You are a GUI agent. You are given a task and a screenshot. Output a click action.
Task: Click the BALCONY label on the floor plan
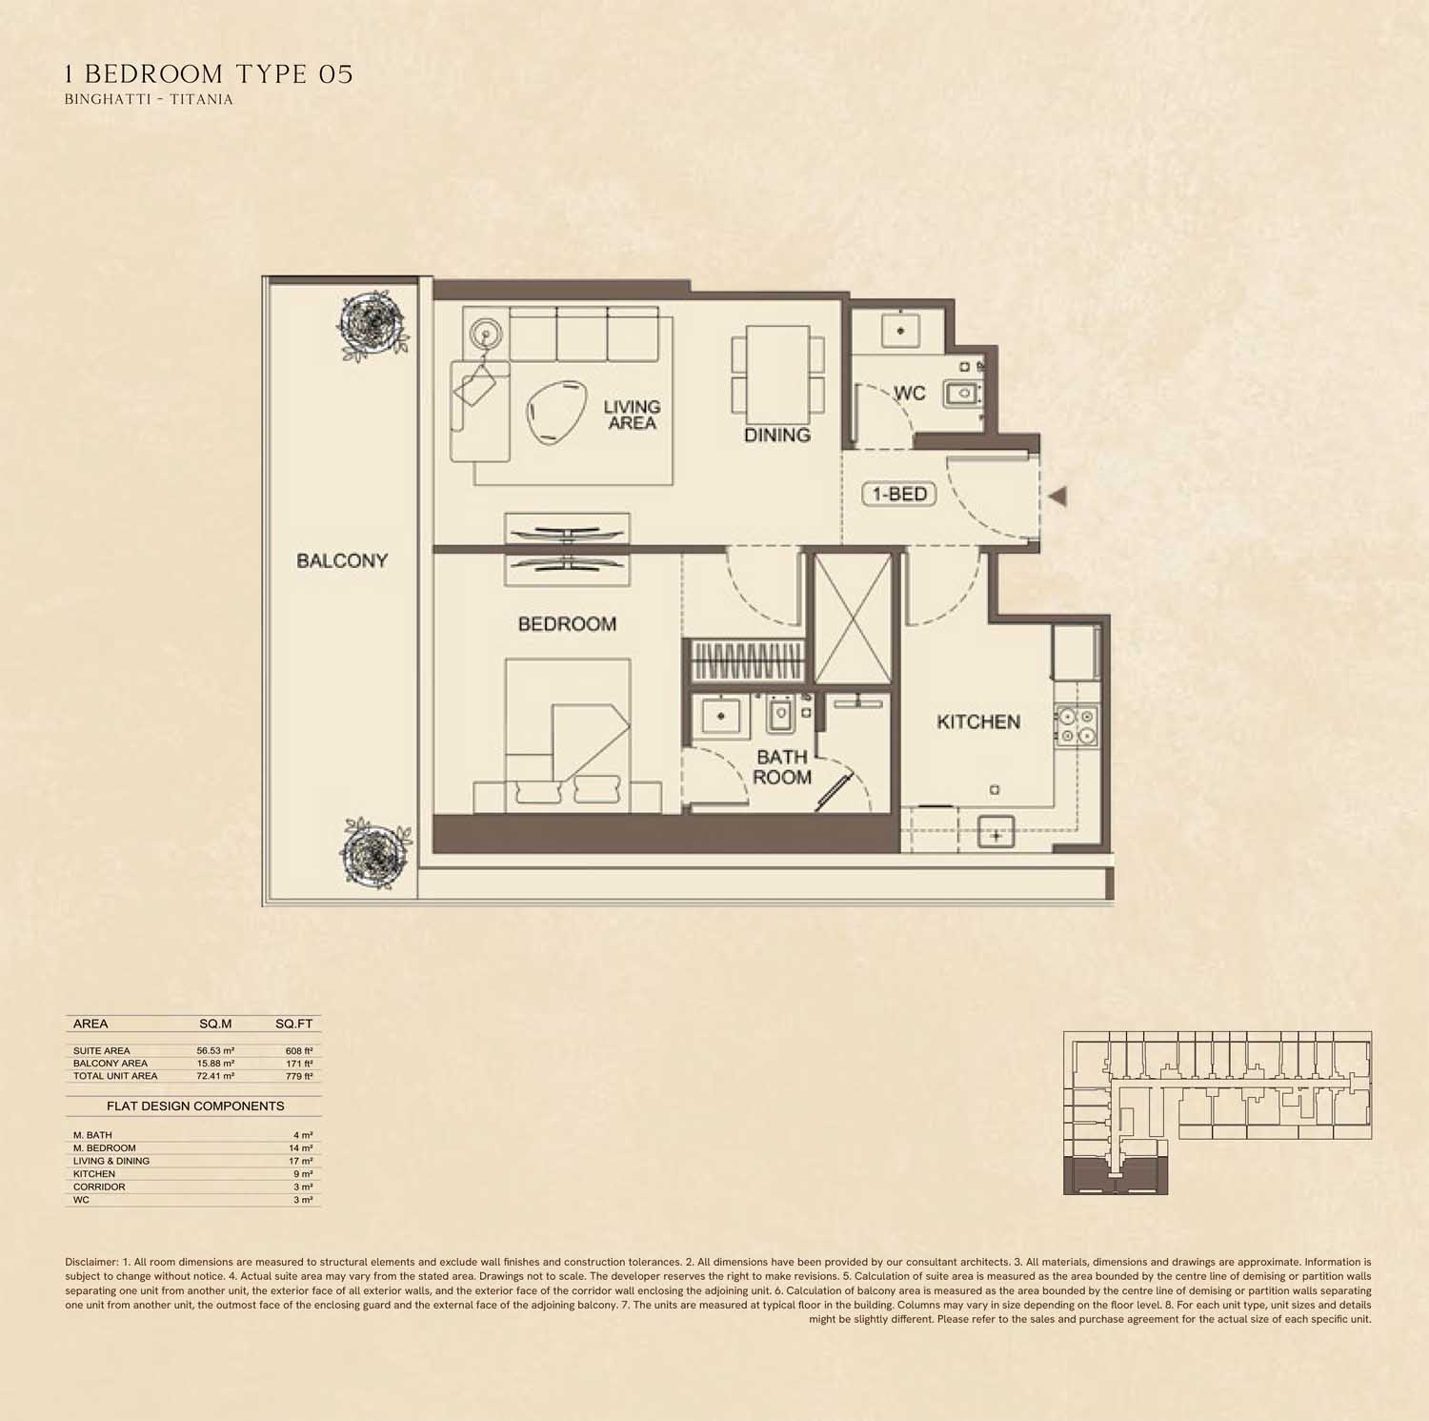342,560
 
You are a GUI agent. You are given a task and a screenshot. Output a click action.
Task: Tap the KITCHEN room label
978,722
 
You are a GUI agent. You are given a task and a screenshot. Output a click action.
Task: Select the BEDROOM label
567,624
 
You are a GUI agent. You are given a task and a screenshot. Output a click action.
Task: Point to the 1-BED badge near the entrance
899,494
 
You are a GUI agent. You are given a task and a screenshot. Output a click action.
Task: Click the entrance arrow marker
1057,496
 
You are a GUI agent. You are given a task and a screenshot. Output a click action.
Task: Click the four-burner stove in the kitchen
1077,725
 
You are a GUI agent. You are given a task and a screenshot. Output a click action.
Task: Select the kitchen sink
996,834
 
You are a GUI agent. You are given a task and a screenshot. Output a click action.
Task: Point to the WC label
909,394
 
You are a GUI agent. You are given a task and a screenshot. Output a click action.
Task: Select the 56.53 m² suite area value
215,1051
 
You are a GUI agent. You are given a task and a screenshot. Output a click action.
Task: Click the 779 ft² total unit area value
300,1076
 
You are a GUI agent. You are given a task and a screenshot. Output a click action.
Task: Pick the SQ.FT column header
293,1025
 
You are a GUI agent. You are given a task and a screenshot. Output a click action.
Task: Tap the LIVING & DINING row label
111,1162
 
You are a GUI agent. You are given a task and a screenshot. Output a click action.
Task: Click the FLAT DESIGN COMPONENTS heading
195,1106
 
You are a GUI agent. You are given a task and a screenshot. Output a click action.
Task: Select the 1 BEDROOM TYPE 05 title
209,74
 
